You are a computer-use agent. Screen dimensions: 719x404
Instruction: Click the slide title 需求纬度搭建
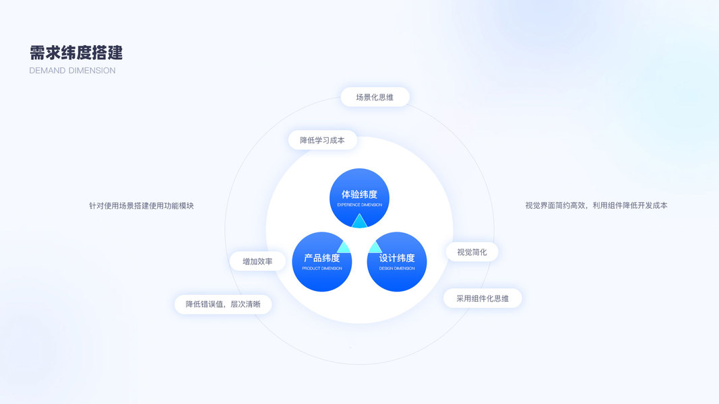click(x=76, y=53)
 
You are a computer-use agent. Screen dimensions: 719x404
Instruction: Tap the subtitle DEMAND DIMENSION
click(x=72, y=71)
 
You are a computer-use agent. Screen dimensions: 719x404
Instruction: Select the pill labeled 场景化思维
click(x=375, y=97)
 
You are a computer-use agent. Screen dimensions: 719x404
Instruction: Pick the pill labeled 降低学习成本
click(x=322, y=140)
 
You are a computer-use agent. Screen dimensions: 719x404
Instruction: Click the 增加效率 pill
click(x=257, y=261)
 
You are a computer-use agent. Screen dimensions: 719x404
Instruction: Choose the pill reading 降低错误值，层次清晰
click(x=222, y=304)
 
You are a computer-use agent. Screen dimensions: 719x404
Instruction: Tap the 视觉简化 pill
click(x=472, y=252)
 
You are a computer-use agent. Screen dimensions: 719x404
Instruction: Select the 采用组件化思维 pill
click(x=482, y=298)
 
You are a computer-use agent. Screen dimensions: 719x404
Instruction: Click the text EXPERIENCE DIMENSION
click(x=359, y=205)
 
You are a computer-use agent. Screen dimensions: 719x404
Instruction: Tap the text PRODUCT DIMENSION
click(x=322, y=269)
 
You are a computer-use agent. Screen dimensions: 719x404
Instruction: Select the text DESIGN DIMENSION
click(x=397, y=269)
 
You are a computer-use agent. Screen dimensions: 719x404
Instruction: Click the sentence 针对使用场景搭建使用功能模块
click(x=142, y=205)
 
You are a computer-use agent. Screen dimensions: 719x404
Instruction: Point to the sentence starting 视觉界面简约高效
click(x=596, y=205)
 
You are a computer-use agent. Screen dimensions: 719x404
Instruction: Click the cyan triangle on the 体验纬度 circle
click(x=359, y=222)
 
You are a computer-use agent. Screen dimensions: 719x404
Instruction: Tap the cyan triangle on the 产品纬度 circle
click(x=344, y=246)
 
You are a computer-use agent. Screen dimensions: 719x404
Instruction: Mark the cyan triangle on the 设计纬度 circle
click(x=375, y=246)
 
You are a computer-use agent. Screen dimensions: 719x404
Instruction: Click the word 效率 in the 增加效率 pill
click(x=265, y=261)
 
